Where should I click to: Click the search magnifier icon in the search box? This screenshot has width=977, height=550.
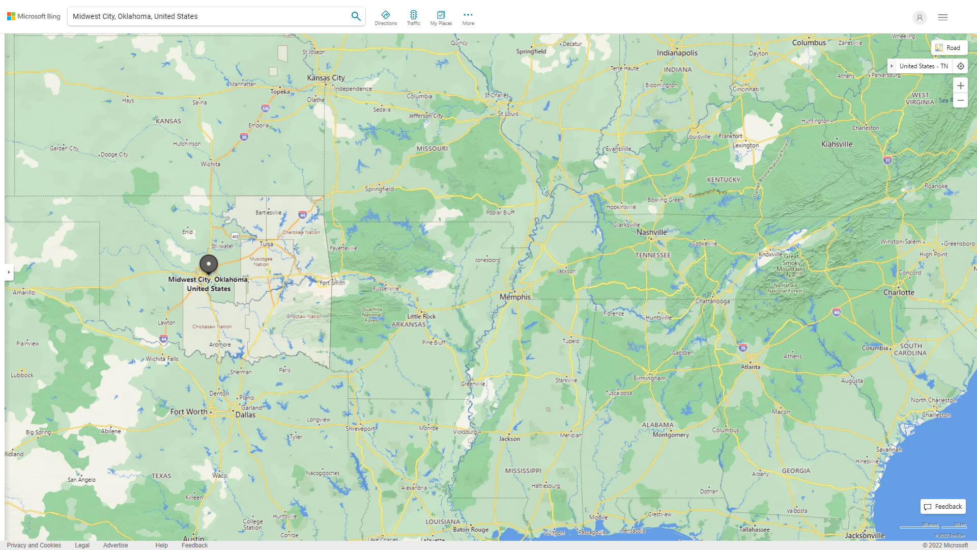356,16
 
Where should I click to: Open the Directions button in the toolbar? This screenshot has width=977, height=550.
386,18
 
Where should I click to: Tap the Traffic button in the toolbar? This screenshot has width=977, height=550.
414,18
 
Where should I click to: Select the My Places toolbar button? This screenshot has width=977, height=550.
441,18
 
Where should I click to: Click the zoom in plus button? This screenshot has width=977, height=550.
960,86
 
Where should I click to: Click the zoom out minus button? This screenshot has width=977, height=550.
960,100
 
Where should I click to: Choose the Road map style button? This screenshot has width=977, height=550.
949,48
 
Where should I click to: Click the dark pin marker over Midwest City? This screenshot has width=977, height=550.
209,264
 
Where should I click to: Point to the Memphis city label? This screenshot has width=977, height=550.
515,297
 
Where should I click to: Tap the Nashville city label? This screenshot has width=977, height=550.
651,232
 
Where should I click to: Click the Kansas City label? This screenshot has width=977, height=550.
326,78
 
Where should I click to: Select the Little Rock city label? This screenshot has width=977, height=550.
421,316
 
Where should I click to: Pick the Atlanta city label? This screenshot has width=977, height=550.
751,367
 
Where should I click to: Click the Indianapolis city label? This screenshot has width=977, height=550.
677,53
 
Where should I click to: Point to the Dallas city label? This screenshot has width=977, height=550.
245,415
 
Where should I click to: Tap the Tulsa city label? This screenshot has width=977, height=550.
267,244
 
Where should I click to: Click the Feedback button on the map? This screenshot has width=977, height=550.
943,506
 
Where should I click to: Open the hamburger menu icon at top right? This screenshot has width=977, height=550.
943,17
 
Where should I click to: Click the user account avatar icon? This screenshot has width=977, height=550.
919,17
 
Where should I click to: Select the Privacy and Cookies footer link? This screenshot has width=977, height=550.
34,545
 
